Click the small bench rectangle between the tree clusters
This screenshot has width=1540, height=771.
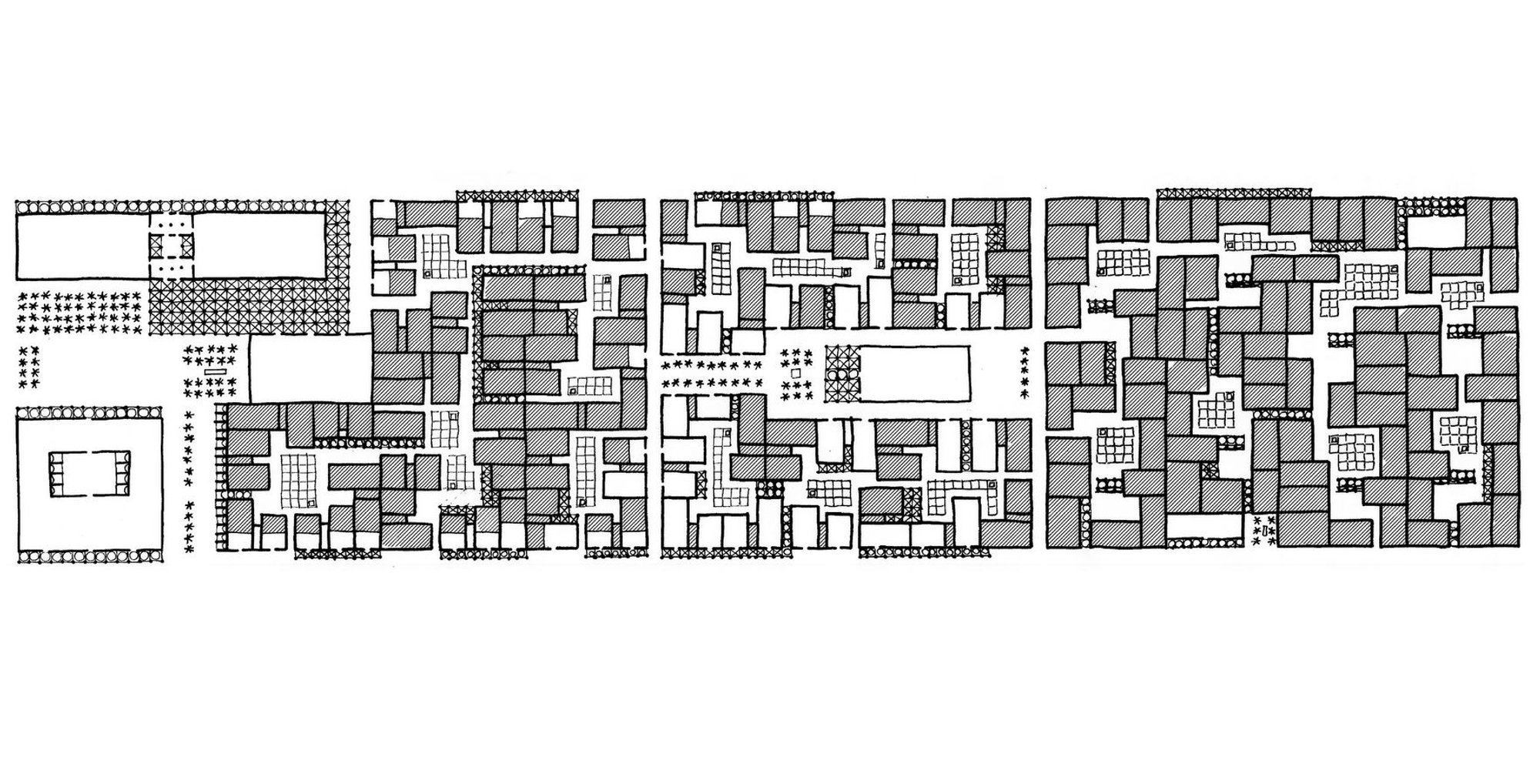(x=216, y=371)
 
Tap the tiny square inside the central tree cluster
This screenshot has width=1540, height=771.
(x=796, y=373)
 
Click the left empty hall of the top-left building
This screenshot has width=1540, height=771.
(x=82, y=245)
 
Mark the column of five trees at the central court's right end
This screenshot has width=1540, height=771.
(x=1024, y=373)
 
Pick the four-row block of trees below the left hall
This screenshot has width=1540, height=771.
(x=81, y=312)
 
